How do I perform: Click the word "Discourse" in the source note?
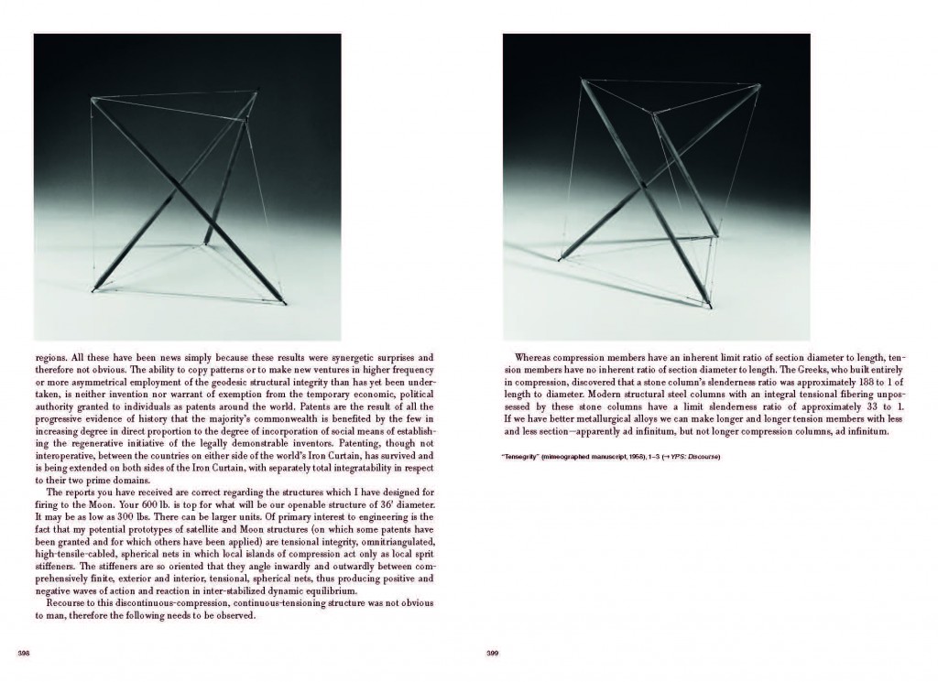tap(703, 457)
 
